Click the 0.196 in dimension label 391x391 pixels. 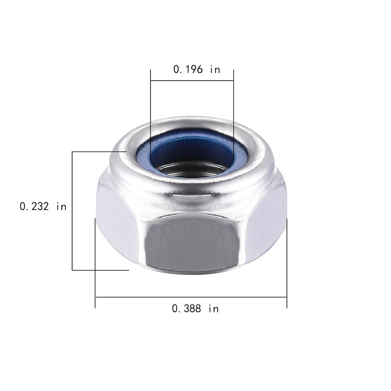197,69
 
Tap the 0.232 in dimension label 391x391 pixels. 43,207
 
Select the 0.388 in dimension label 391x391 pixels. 195,309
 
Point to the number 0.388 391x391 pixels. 186,309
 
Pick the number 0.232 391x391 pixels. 34,207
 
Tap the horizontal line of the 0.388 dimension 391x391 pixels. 191,297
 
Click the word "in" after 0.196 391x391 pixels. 215,69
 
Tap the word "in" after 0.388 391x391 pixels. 213,309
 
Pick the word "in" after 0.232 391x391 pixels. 61,207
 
